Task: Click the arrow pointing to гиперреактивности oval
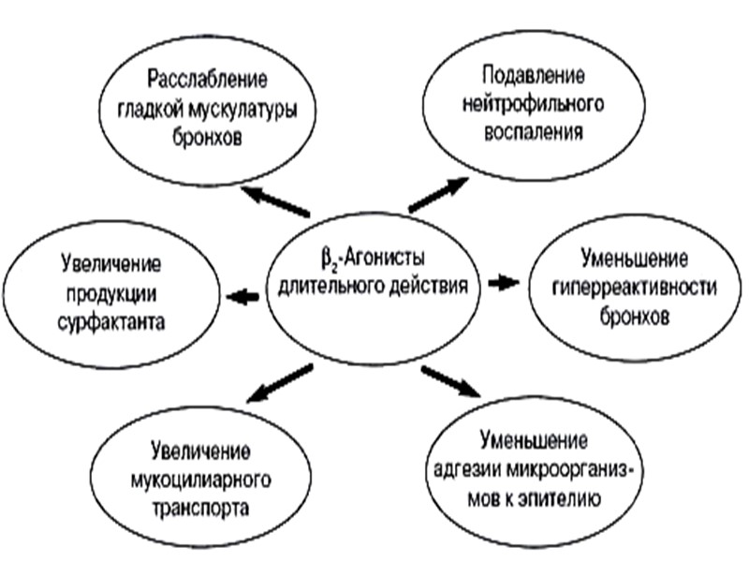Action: tap(504, 282)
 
